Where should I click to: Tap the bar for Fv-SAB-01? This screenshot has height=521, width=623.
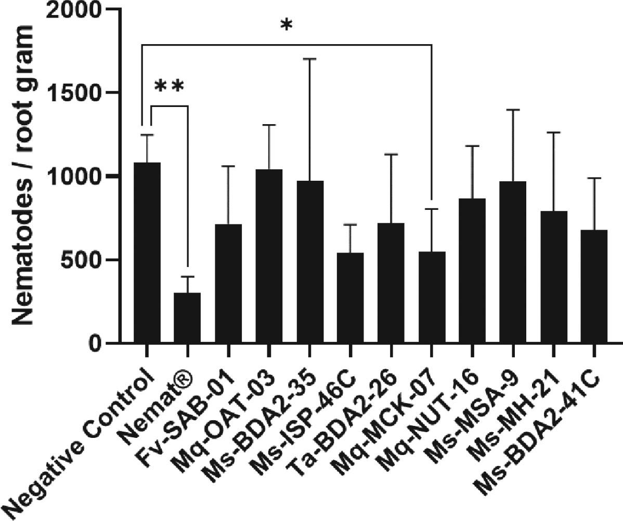(x=228, y=284)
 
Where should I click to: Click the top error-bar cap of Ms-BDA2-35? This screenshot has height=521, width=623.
(x=309, y=59)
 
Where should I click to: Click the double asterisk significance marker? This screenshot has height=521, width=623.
(x=170, y=87)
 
